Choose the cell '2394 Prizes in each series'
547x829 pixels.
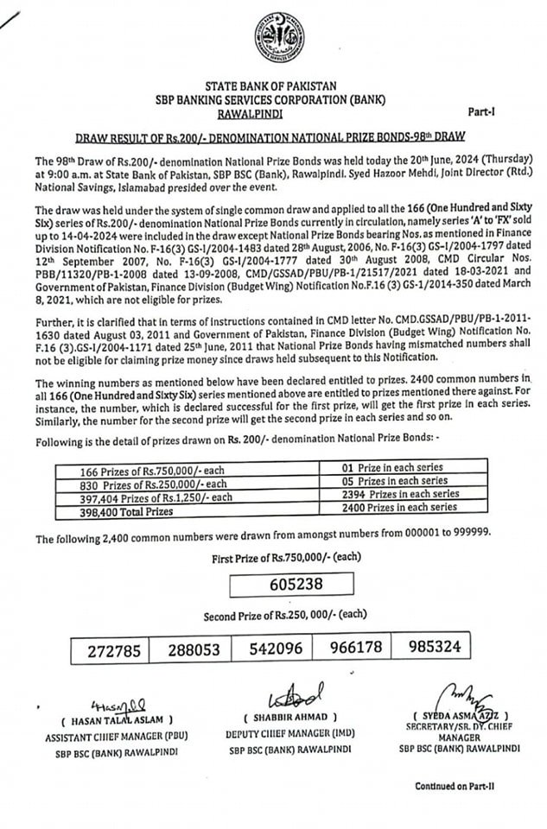394,496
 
